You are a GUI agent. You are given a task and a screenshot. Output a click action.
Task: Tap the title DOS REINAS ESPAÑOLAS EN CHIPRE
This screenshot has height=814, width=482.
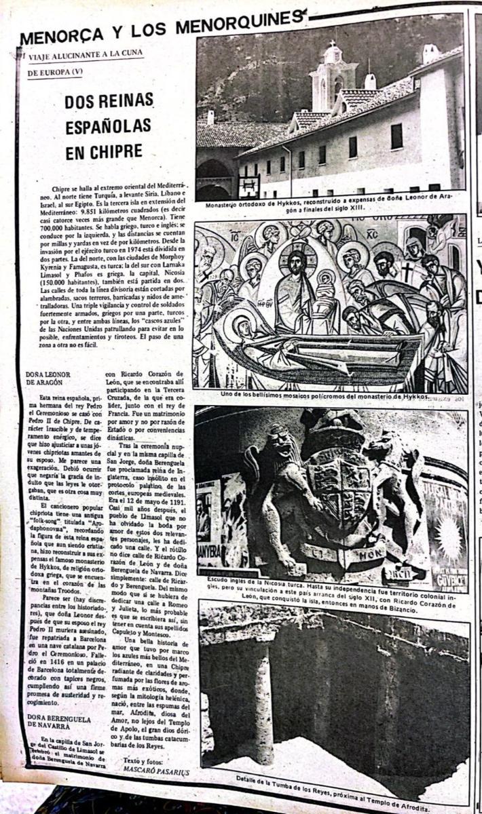109,127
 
